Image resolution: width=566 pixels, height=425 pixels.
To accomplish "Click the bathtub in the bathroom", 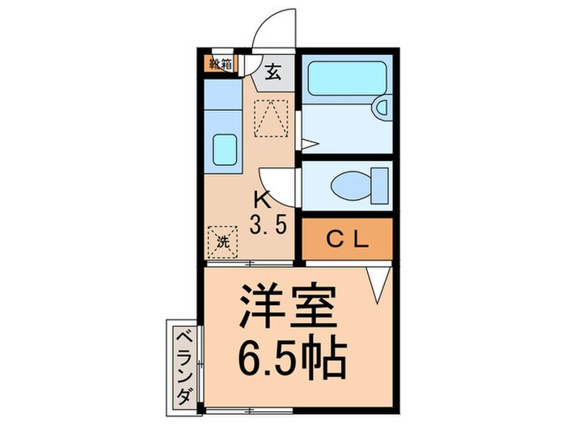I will pyautogui.click(x=345, y=79).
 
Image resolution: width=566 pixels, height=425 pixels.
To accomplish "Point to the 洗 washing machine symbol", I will pyautogui.click(x=222, y=240).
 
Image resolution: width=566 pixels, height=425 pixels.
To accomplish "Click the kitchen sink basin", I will pyautogui.click(x=224, y=150).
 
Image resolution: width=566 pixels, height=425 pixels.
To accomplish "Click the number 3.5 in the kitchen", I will pyautogui.click(x=268, y=224).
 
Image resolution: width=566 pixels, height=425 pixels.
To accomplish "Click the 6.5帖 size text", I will pyautogui.click(x=291, y=353).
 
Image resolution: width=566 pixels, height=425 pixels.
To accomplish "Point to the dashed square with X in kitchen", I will pyautogui.click(x=272, y=117).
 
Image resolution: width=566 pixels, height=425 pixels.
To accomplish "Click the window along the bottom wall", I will pyautogui.click(x=267, y=406).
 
